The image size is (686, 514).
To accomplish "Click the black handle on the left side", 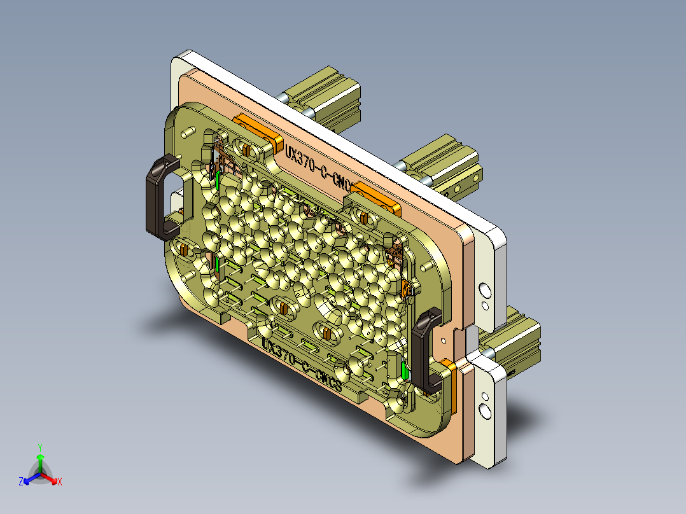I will click(x=160, y=197).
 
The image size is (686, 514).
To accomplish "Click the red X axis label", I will click(x=60, y=482).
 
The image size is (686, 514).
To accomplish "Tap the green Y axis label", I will click(x=39, y=447).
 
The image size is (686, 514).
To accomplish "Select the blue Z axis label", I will click(x=21, y=482).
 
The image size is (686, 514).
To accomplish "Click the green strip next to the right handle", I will click(x=405, y=368).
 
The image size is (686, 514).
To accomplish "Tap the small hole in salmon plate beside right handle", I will click(x=456, y=331).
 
